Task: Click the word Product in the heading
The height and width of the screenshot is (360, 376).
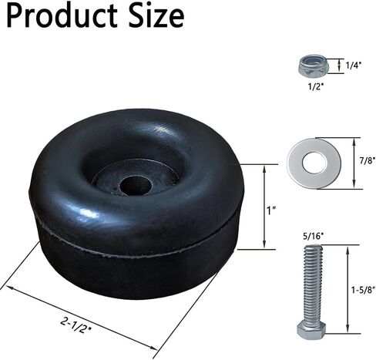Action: [x=62, y=16]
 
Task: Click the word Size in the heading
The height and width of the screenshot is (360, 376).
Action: [x=156, y=15]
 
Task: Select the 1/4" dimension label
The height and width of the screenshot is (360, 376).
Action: [x=354, y=66]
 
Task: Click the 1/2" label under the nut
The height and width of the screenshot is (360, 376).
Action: [x=316, y=87]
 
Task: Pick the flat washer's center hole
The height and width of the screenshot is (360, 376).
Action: [x=314, y=163]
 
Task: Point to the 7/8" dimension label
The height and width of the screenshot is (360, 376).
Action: [x=368, y=161]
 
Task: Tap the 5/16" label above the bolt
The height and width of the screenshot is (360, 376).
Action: [x=312, y=236]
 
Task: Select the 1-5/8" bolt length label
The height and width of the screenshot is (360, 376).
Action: [x=363, y=290]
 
